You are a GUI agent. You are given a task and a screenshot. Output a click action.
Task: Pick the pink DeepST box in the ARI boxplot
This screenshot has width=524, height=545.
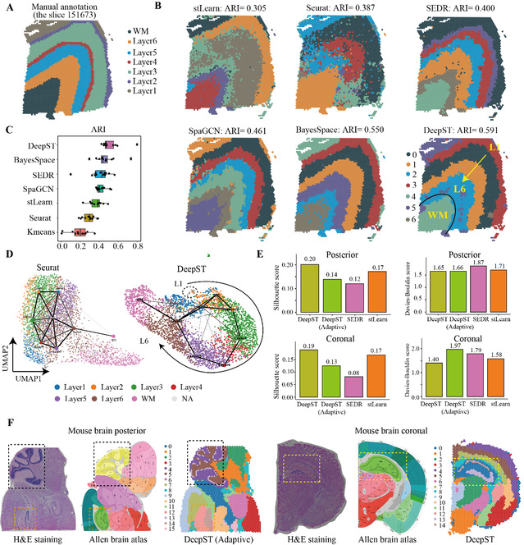pyautogui.click(x=109, y=145)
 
